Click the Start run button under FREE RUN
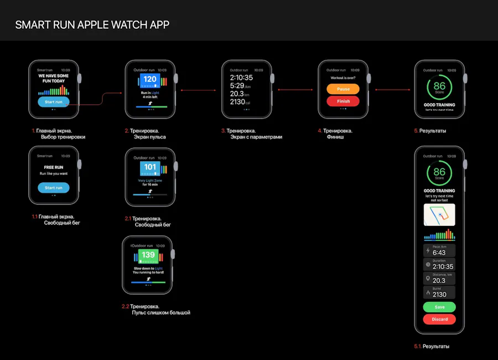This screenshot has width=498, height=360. pyautogui.click(x=54, y=188)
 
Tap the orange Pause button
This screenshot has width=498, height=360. pyautogui.click(x=343, y=89)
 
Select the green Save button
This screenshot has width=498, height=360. pyautogui.click(x=439, y=307)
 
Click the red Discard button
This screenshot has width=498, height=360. pyautogui.click(x=439, y=319)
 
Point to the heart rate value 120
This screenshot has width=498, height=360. pyautogui.click(x=150, y=80)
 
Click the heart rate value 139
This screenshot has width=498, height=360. pyautogui.click(x=148, y=255)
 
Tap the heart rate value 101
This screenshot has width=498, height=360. pyautogui.click(x=150, y=167)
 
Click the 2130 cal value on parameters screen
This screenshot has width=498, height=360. pyautogui.click(x=240, y=102)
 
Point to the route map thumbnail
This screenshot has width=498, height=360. pyautogui.click(x=439, y=214)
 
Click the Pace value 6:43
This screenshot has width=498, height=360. pyautogui.click(x=439, y=253)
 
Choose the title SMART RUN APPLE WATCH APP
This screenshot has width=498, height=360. pyautogui.click(x=92, y=25)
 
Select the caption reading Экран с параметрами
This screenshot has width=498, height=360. pyautogui.click(x=256, y=137)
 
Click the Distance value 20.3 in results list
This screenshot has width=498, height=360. pyautogui.click(x=439, y=280)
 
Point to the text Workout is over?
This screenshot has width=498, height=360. pyautogui.click(x=343, y=78)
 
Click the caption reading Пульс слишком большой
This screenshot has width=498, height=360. pyautogui.click(x=160, y=313)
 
